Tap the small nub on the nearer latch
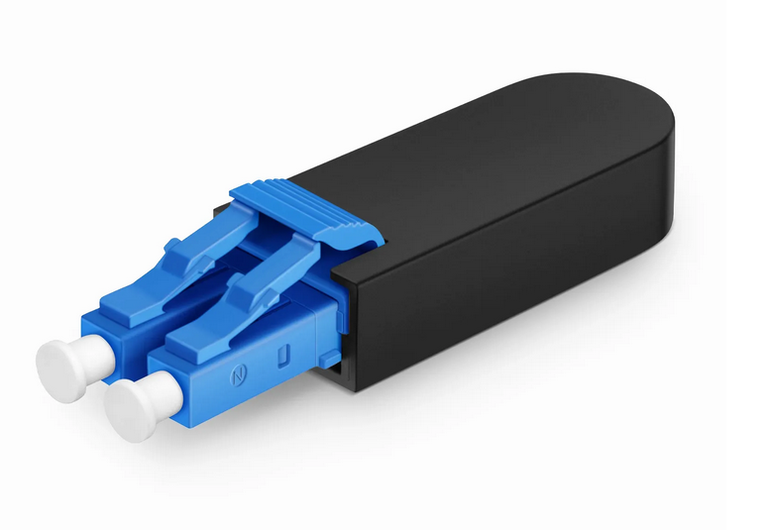239,281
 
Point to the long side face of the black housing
515,267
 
